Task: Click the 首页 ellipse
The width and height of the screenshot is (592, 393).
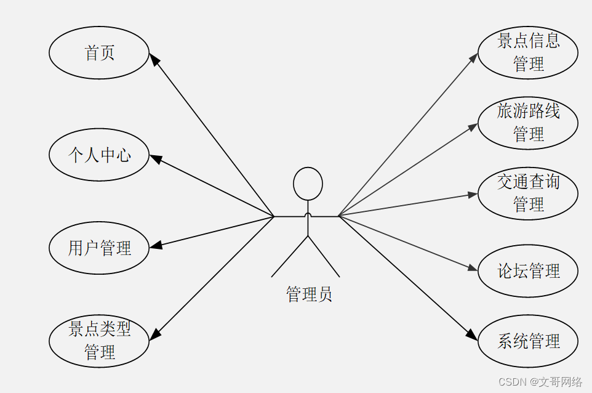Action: coord(99,53)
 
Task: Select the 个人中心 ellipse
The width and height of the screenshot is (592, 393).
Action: coord(99,155)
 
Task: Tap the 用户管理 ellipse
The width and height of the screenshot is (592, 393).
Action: coord(99,248)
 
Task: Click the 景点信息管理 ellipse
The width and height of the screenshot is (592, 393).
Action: coord(528,52)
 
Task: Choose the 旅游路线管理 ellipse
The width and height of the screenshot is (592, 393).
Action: coord(528,123)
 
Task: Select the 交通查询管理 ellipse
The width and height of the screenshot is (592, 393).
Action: coord(528,193)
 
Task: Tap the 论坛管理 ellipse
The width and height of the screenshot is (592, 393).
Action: coord(528,271)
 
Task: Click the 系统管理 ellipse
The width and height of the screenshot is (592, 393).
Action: coord(528,341)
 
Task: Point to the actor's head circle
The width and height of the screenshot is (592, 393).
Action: coord(308,184)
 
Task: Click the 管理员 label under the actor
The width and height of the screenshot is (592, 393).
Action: coord(309,294)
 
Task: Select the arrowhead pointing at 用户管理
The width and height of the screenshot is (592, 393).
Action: coord(156,245)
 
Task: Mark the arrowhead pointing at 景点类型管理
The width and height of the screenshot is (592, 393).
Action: coord(155,334)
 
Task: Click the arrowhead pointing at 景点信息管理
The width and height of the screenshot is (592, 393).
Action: coord(474,57)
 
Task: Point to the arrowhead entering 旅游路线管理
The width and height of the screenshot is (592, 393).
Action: coord(473,127)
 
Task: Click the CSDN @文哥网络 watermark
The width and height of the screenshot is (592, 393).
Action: coord(540,382)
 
